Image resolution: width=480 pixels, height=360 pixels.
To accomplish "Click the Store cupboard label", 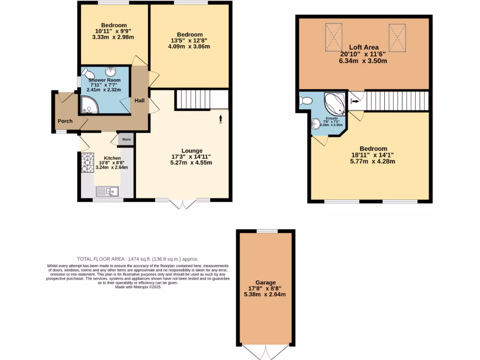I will click(126, 139).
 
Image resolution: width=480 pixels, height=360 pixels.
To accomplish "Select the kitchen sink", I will click(107, 191).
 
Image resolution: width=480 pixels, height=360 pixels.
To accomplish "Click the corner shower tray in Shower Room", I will click(90, 105).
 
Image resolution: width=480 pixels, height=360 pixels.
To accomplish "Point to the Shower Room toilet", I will click(88, 74).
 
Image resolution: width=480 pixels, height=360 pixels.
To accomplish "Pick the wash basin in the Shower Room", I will click(111, 72).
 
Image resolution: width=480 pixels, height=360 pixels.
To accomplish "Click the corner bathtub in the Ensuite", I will click(335, 102).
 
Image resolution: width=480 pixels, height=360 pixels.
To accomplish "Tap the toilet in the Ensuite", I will click(306, 100).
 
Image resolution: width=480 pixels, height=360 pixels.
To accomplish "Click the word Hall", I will click(140, 101).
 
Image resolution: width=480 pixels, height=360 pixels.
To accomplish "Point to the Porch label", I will click(65, 121).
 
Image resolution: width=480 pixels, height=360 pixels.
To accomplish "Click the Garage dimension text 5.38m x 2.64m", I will click(265, 294).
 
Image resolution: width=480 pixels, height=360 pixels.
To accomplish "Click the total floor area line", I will click(138, 259).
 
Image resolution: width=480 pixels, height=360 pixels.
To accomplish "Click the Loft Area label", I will click(364, 47).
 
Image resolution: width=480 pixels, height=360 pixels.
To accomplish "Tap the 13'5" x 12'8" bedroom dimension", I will click(190, 40).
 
